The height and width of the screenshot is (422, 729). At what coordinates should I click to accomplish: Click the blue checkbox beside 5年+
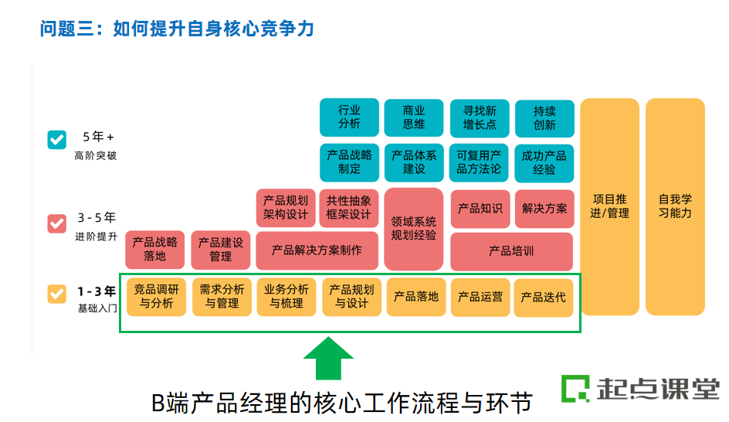point(57,139)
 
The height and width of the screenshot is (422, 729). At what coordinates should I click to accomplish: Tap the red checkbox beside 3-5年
point(57,223)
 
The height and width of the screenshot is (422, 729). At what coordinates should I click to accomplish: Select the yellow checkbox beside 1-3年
point(57,294)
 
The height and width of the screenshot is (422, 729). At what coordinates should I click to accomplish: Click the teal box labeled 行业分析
point(349,117)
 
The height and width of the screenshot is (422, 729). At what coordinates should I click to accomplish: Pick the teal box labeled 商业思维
point(414,117)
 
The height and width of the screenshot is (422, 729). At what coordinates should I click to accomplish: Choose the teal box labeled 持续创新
point(544,117)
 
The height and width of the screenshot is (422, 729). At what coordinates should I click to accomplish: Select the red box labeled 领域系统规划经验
point(414,229)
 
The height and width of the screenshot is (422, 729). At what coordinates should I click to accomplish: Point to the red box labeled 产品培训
point(511,251)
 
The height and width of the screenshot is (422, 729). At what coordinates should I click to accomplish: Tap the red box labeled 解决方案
point(544,209)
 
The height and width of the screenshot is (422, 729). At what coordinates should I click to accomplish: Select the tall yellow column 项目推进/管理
point(610,206)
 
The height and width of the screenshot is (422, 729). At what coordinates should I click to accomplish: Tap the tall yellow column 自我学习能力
point(675,206)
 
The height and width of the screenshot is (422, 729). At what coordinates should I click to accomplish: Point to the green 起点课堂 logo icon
point(575,388)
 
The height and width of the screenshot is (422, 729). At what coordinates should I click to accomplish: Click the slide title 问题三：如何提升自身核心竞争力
point(178,29)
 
